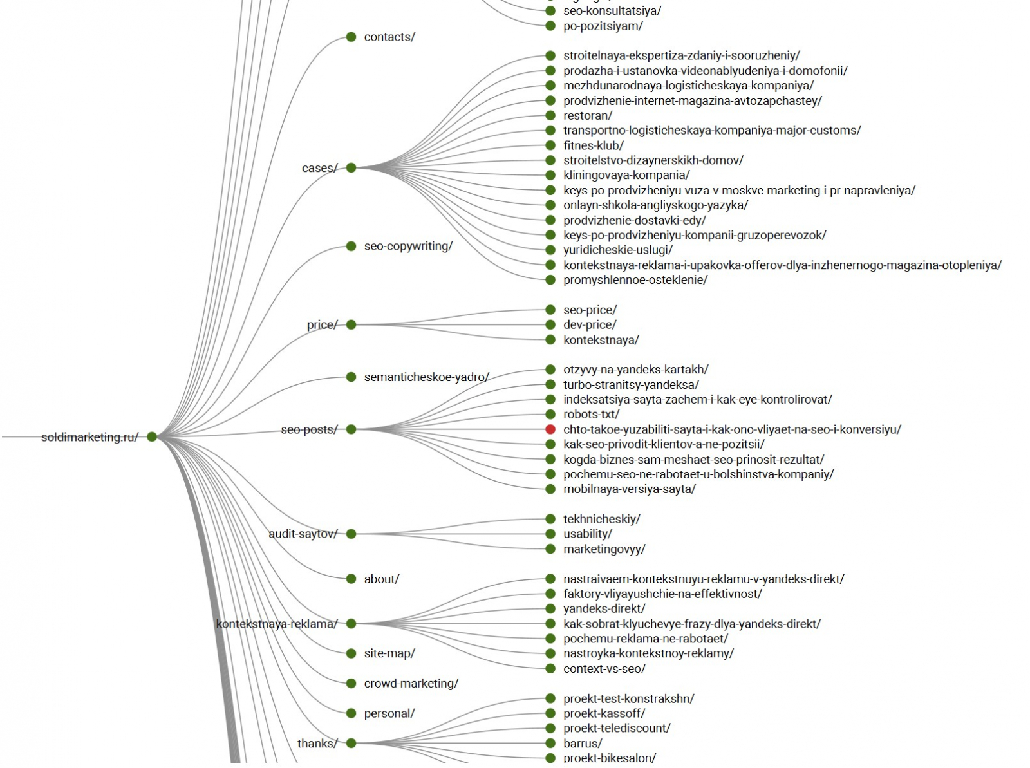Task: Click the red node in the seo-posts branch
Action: [x=550, y=429]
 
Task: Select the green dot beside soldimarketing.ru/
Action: [x=152, y=437]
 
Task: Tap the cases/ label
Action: [x=319, y=168]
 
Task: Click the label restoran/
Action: [x=587, y=116]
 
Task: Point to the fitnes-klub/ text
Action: [x=593, y=145]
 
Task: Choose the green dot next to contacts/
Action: [x=351, y=37]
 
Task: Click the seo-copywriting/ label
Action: [x=408, y=246]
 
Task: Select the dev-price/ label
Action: [x=589, y=325]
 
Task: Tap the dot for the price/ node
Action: [x=351, y=325]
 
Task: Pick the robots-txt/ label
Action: [x=591, y=415]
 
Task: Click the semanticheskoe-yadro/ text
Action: [x=426, y=377]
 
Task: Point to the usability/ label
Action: [x=587, y=534]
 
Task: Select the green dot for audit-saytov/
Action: [x=351, y=534]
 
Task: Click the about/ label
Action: [x=381, y=579]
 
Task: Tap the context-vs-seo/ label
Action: [x=604, y=669]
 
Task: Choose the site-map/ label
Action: [x=389, y=653]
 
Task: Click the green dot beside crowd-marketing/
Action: [x=351, y=684]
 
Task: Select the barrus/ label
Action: [x=583, y=744]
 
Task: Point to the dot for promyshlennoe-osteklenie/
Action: [x=550, y=280]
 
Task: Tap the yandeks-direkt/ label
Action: [x=604, y=609]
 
